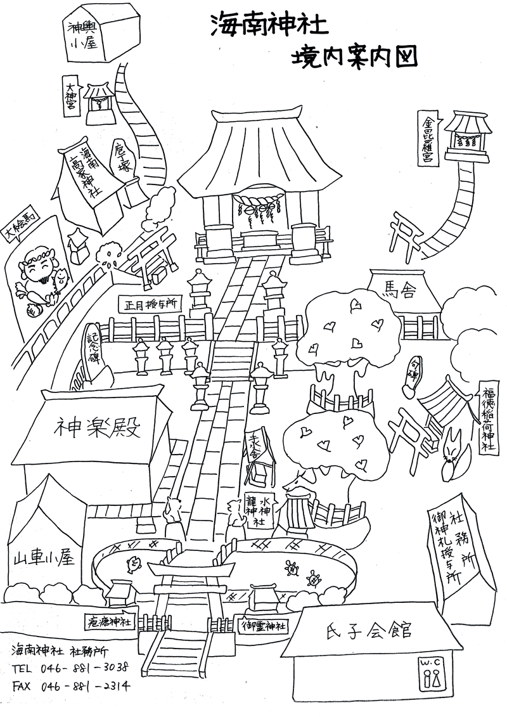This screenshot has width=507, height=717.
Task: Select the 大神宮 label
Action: [x=72, y=94]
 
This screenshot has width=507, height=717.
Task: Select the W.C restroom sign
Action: [x=432, y=673]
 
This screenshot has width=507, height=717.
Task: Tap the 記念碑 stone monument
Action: [x=95, y=355]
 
